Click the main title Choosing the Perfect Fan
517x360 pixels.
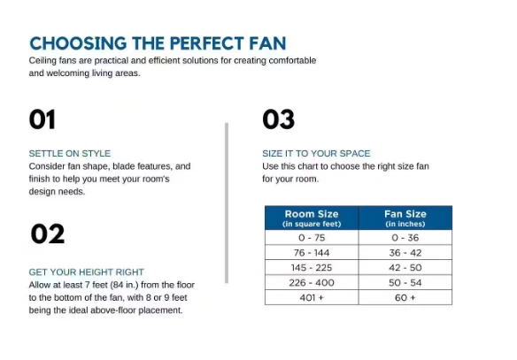157,42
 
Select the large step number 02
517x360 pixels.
47,234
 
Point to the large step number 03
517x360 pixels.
278,119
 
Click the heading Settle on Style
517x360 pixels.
69,153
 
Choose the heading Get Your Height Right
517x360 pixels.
86,272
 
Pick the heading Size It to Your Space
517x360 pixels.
316,153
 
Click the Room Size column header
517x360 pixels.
311,218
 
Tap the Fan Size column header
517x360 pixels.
405,218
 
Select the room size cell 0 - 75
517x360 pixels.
311,237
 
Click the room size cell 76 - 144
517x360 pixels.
311,252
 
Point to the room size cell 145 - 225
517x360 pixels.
311,267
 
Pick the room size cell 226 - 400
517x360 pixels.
311,282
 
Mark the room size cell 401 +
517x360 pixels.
311,297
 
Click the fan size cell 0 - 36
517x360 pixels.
405,237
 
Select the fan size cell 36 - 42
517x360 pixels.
405,252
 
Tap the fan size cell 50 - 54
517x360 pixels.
405,282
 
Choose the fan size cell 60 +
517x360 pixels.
405,297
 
